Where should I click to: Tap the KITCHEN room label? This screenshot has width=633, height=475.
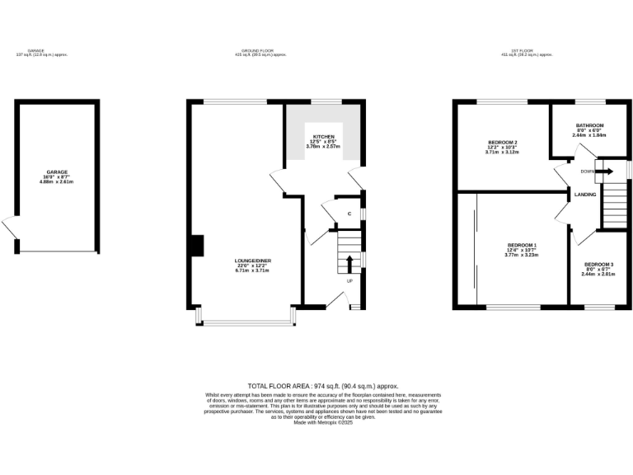(321, 135)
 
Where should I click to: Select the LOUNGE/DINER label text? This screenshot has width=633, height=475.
(254, 261)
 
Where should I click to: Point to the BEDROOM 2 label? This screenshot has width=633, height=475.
(501, 143)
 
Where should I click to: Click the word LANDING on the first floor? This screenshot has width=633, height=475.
(585, 195)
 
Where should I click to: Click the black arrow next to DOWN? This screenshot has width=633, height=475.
(604, 172)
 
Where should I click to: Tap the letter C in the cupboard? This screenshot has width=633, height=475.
(349, 214)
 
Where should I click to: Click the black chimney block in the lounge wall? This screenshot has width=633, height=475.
(197, 247)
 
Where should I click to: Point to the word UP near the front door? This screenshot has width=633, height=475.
(349, 281)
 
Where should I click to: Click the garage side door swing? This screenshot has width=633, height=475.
(9, 226)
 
